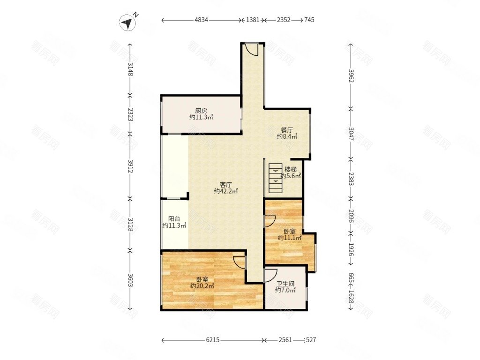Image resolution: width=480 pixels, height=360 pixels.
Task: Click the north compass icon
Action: [x=127, y=22]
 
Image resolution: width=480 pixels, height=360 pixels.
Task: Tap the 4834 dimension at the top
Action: [x=201, y=20]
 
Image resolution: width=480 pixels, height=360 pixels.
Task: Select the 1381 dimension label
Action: [x=253, y=20]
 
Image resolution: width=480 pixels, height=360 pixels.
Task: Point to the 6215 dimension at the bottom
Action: [x=212, y=340]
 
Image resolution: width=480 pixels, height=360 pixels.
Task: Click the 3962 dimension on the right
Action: [x=351, y=75]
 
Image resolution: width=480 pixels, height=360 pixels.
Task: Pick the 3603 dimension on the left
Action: [x=130, y=280]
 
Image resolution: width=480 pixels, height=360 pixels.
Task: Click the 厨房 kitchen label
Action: [x=201, y=111]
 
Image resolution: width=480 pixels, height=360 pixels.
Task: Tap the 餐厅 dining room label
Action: [x=287, y=130]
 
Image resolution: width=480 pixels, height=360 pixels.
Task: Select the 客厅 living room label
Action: [x=226, y=185]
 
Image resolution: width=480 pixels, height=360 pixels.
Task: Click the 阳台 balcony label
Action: [x=174, y=219]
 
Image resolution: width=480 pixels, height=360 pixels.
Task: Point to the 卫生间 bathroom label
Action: [x=285, y=284]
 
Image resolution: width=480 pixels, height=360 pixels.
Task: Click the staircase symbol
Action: [x=276, y=178]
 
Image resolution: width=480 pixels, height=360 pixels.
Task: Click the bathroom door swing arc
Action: [x=271, y=275]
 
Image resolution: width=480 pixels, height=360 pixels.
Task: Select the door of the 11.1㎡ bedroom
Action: [x=270, y=221]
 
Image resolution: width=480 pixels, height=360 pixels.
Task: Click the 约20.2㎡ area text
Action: [x=202, y=285]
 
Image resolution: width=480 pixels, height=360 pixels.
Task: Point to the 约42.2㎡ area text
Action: [x=226, y=191]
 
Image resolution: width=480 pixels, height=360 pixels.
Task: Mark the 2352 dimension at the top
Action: [x=284, y=20]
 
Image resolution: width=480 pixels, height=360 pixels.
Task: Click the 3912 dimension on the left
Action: [x=130, y=166]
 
